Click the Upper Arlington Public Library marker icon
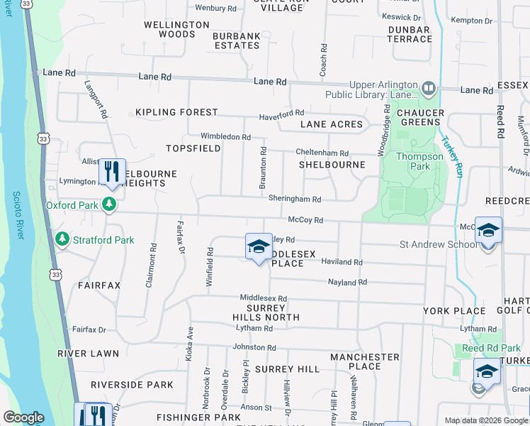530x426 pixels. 428,89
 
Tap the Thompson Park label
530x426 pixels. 413,161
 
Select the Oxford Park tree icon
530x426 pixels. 108,205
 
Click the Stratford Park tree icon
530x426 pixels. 62,240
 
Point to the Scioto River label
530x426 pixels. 18,217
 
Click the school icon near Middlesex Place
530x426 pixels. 259,246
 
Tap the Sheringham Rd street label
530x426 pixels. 295,199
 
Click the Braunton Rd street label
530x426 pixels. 263,168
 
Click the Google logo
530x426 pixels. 23,417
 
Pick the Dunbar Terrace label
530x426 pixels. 410,34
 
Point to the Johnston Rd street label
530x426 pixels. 252,347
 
